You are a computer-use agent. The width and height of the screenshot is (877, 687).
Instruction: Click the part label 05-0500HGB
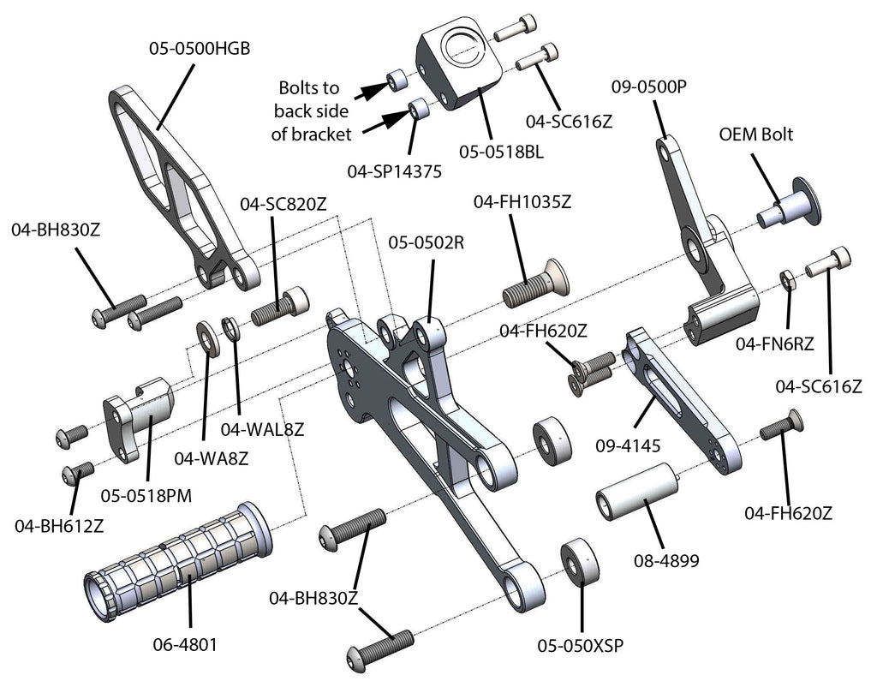[x=199, y=49]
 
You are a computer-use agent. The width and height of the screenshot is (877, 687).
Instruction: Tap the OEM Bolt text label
[x=755, y=134]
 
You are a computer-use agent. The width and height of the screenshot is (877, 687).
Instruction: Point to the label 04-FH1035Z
[x=522, y=201]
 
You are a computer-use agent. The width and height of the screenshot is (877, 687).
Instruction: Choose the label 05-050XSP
[x=580, y=645]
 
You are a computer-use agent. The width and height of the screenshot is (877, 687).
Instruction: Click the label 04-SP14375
[x=395, y=170]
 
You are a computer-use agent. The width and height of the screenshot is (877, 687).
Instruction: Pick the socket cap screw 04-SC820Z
[x=280, y=306]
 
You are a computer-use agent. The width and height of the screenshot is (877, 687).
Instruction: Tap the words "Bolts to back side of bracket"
[x=309, y=111]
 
